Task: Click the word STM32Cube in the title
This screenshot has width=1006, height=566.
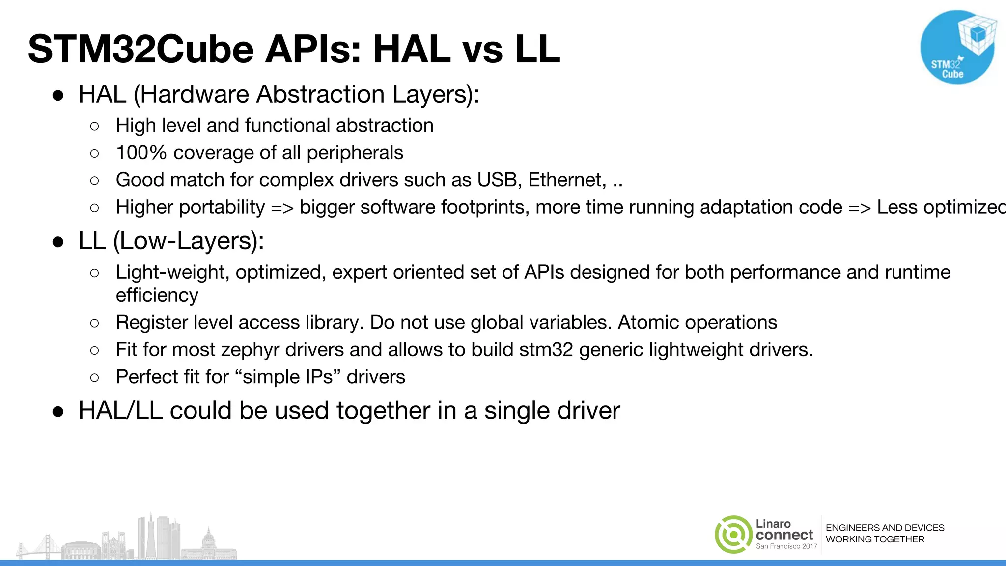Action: [140, 49]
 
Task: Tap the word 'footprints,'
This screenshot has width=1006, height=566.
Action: [485, 207]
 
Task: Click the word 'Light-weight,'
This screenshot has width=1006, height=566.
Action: [172, 272]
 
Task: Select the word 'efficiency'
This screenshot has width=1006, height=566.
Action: [157, 295]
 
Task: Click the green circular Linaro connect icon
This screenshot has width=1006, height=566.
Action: [733, 535]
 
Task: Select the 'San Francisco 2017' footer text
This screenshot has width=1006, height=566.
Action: [786, 546]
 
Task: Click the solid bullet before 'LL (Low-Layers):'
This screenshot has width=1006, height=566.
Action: [58, 242]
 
